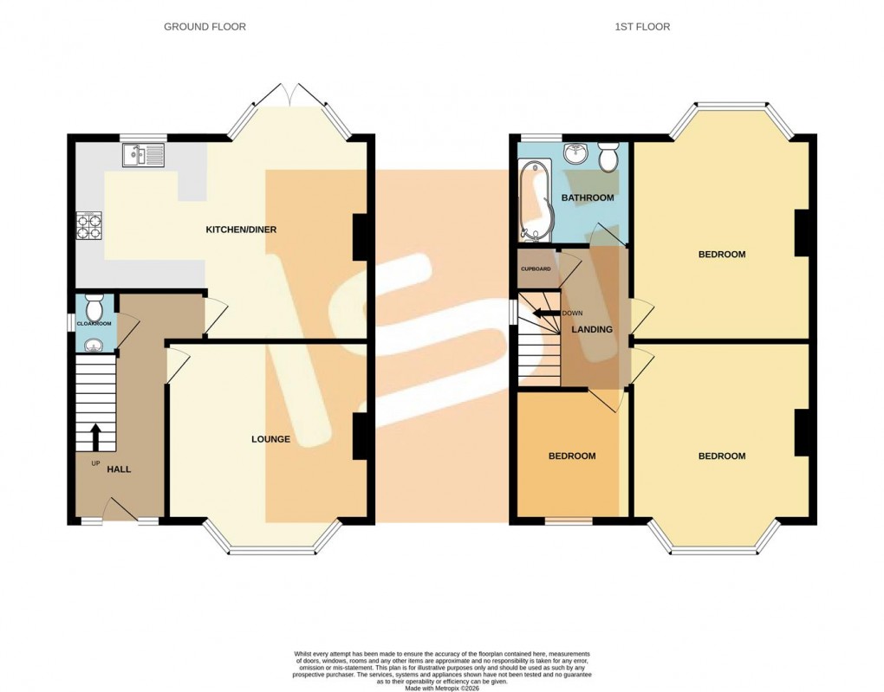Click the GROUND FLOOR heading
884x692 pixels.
tap(205, 27)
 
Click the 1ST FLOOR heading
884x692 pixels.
tap(642, 27)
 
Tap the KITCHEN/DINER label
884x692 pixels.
tap(240, 230)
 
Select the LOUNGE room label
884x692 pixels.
tap(270, 439)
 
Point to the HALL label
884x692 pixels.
tap(119, 469)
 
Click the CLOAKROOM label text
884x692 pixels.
tap(94, 324)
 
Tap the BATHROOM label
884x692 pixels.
tap(588, 197)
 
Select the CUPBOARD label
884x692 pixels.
tap(536, 269)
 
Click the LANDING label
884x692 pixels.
tap(592, 329)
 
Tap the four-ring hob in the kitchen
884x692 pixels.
tap(90, 225)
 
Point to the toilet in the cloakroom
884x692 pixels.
tap(94, 306)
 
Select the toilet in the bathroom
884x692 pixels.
tap(608, 157)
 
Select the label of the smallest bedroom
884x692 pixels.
tap(572, 456)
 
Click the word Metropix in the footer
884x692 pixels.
tap(451, 685)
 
